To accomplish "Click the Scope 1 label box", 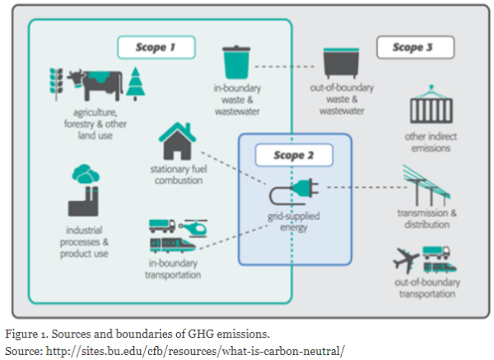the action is (x=156, y=47).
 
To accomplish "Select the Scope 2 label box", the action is (x=294, y=155).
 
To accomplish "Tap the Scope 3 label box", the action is (x=415, y=47).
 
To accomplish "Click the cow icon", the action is (x=95, y=85).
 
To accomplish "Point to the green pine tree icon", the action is (x=136, y=84).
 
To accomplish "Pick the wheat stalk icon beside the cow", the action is (x=56, y=84).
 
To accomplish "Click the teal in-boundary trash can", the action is (x=236, y=62).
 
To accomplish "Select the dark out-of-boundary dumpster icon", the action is (x=341, y=63).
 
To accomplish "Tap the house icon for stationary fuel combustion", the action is (x=177, y=141).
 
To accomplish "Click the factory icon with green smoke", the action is (x=84, y=190).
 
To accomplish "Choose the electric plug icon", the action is (x=294, y=191).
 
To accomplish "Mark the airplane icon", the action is (x=406, y=260).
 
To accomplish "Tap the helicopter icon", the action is (x=193, y=228).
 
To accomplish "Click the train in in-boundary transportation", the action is (x=173, y=245).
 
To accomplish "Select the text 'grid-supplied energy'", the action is (x=294, y=222).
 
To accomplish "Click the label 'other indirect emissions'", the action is (x=431, y=143).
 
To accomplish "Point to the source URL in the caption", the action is (x=195, y=351).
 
